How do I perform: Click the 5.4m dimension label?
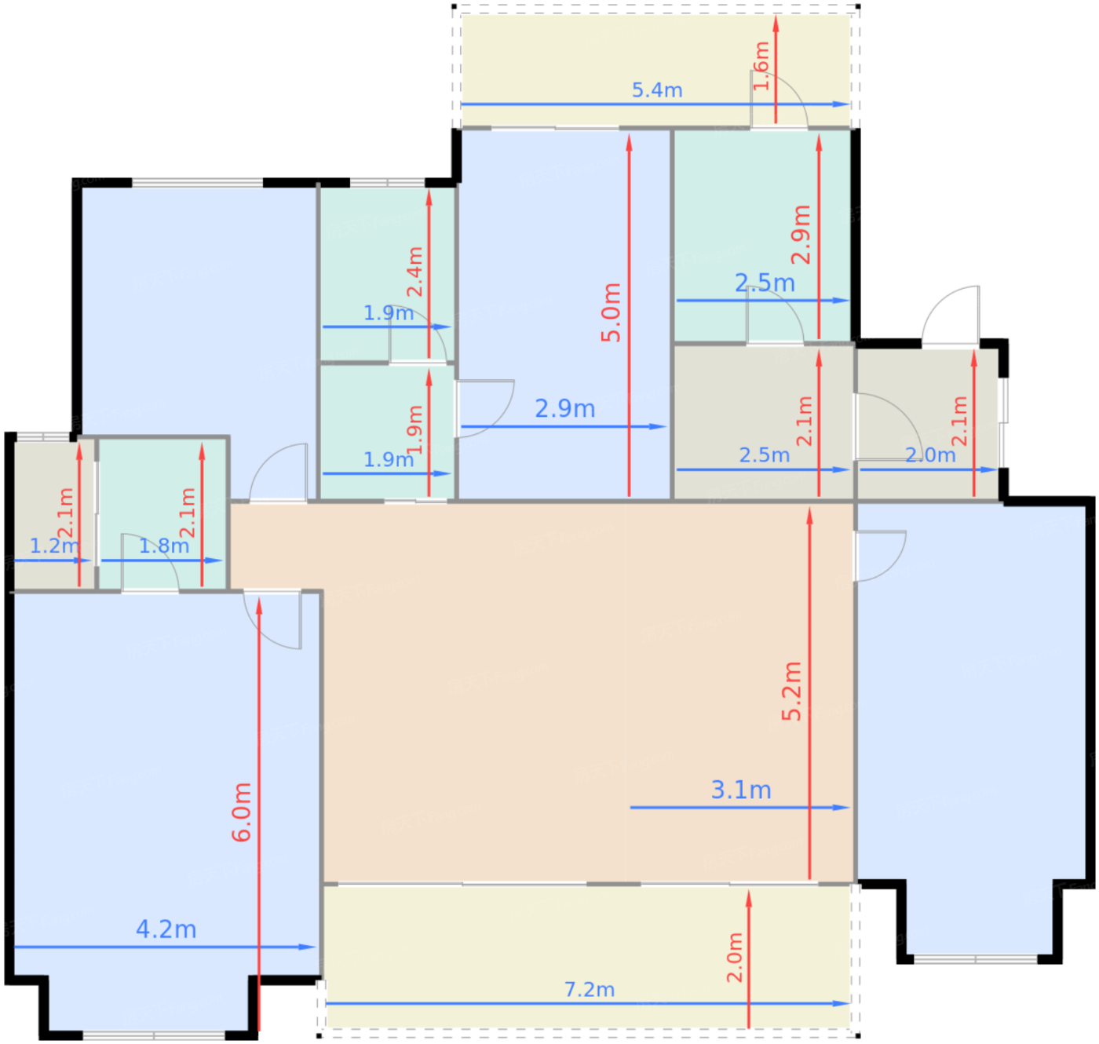(x=657, y=90)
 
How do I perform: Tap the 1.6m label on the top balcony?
(x=761, y=66)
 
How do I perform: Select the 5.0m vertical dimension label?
(x=611, y=312)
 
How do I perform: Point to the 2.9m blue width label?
(x=564, y=409)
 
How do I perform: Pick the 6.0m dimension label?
(x=242, y=812)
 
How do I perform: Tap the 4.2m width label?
(x=166, y=929)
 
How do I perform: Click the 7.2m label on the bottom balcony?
(x=589, y=990)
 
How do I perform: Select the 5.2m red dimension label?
(x=791, y=691)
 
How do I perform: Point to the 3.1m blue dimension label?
(x=740, y=790)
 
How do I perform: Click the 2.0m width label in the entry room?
(x=930, y=455)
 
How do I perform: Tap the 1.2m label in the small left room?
(x=53, y=546)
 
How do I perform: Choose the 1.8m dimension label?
(x=163, y=546)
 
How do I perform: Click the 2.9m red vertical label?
(x=801, y=234)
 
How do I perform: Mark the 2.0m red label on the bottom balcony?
(x=734, y=958)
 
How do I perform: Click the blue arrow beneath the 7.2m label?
(x=471, y=1003)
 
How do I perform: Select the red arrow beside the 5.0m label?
(x=629, y=235)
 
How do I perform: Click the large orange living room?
(x=510, y=706)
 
